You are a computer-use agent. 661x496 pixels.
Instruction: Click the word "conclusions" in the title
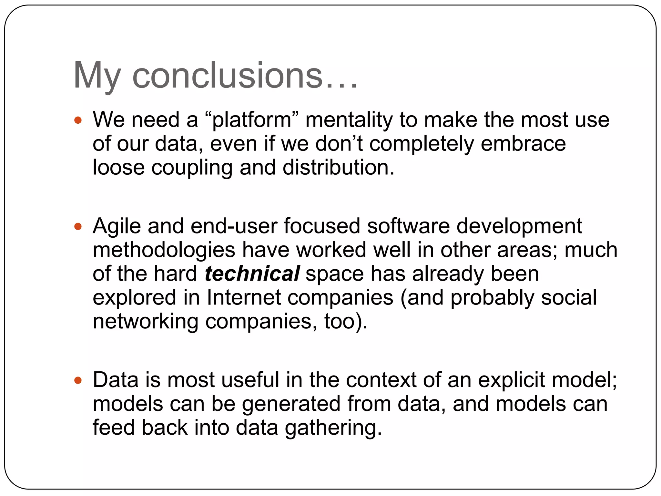227,76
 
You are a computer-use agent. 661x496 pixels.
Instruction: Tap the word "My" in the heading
97,76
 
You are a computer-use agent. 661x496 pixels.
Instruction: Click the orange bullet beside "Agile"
78,226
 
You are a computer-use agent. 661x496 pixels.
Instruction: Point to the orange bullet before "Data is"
78,380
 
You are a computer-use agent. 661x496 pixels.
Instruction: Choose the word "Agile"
117,226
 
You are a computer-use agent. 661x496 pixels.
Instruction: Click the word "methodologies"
164,250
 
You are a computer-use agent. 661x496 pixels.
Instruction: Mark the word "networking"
145,322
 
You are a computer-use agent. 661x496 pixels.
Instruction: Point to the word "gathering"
333,428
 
